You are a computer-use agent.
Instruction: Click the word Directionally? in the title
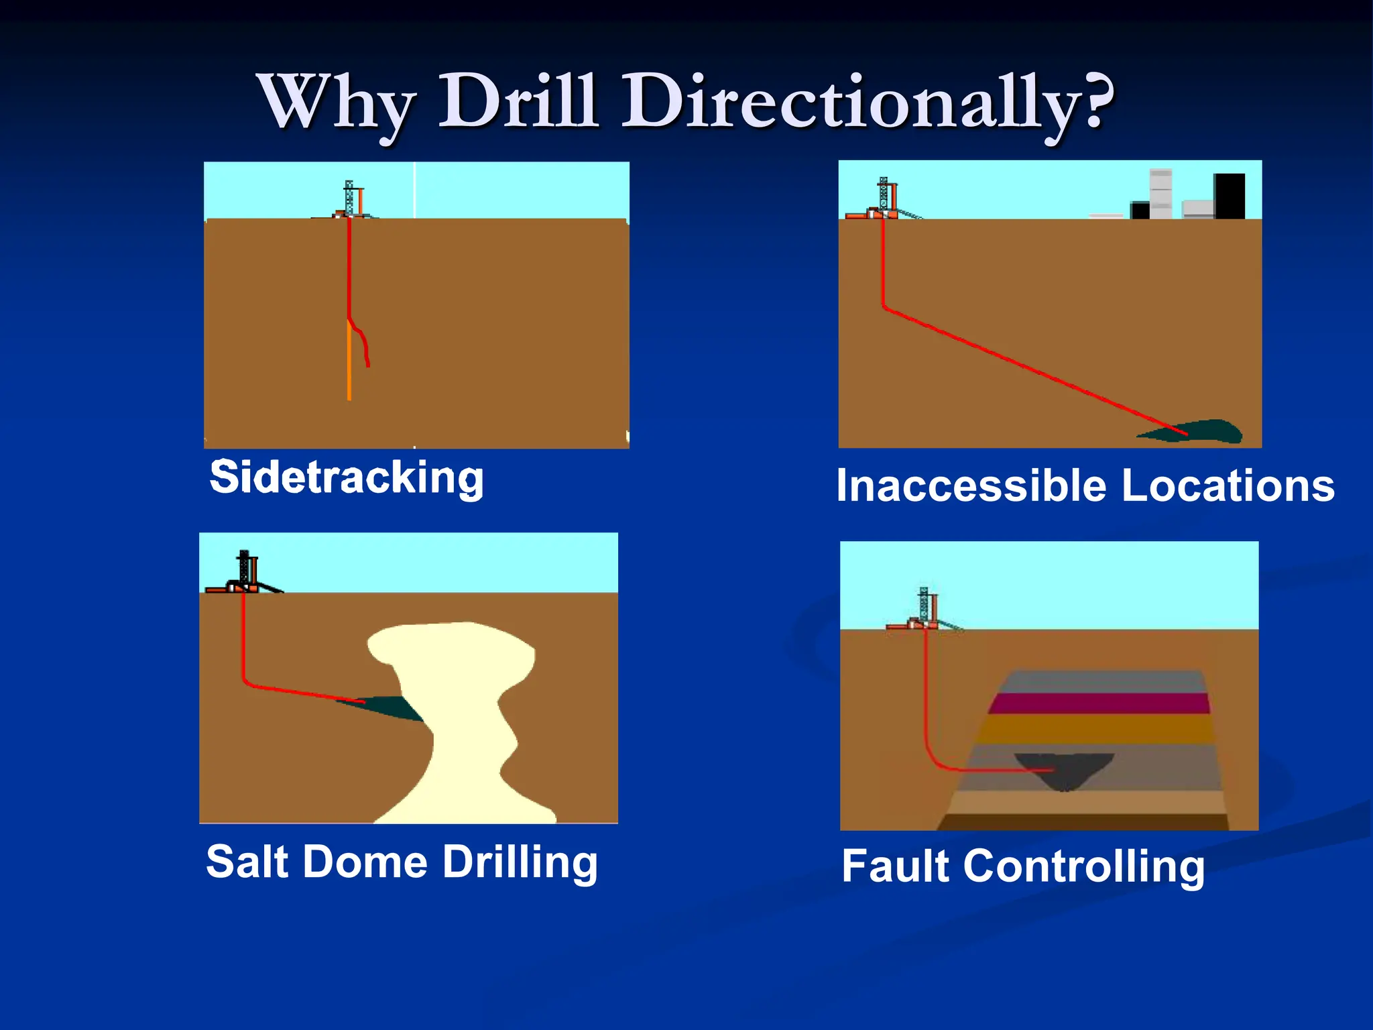click(869, 102)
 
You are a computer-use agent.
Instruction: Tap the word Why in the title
click(335, 102)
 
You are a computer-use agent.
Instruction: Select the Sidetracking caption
click(347, 477)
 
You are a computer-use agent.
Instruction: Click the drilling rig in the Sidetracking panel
click(351, 200)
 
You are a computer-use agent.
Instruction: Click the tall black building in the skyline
click(1229, 196)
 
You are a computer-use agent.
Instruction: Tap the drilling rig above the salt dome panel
click(245, 573)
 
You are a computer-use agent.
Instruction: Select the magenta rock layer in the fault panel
click(1099, 703)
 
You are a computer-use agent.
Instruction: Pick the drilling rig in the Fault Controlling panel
click(925, 609)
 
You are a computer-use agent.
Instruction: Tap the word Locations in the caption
click(1227, 485)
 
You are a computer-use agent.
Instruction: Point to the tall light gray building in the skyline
click(1160, 193)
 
